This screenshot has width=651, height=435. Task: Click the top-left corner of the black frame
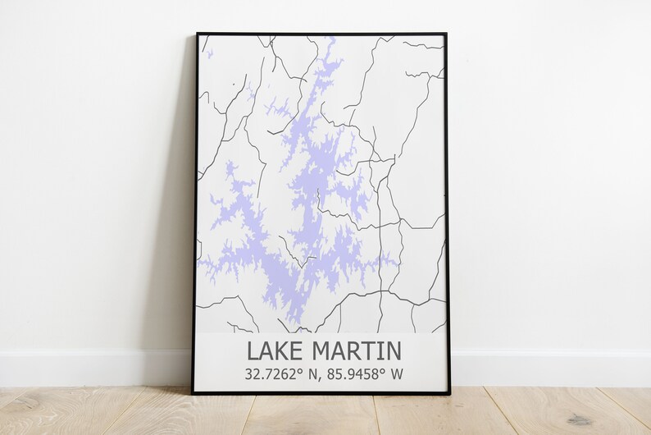pos(197,34)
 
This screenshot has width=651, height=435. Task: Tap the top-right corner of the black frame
pos(446,34)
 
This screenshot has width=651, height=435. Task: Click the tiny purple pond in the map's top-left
pos(209,55)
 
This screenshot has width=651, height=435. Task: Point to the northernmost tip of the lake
pos(330,39)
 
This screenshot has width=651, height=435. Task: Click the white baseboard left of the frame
pos(90,368)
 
